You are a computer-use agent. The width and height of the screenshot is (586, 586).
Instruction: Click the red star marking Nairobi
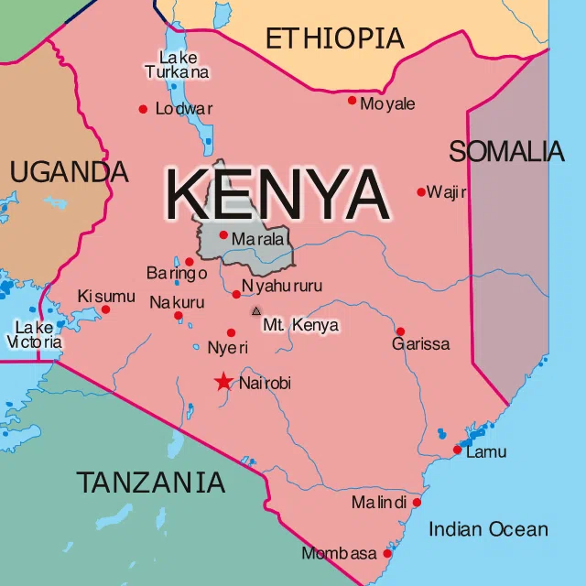[x=223, y=382]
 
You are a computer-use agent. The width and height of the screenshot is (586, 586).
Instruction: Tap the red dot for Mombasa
[x=387, y=554]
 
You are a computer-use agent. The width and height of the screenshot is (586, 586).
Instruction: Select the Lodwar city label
[x=184, y=109]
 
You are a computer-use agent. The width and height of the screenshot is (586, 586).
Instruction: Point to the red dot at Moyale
[x=352, y=100]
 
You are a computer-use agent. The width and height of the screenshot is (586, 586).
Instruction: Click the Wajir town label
[x=447, y=192]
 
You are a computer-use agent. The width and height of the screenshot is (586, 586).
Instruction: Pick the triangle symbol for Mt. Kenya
[x=256, y=311]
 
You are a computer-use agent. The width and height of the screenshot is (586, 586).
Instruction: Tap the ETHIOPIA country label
[x=334, y=38]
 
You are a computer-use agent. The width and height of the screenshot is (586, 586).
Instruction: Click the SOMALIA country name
[x=506, y=151]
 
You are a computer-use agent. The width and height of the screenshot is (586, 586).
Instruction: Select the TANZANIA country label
[x=150, y=483]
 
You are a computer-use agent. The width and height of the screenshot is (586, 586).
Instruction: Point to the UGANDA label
[x=69, y=171]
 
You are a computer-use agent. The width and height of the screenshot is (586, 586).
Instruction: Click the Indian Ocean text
[x=488, y=529]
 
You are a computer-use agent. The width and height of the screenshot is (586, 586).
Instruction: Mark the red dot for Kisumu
[x=105, y=309]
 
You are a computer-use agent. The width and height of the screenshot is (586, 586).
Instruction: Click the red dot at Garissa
[x=400, y=331]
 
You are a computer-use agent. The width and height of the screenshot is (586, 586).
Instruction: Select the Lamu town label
[x=486, y=452]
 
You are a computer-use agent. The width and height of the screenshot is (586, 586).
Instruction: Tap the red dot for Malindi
[x=417, y=503]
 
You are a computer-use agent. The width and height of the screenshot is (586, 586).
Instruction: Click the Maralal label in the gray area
[x=260, y=240]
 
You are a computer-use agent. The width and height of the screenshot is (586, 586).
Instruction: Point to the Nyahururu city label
[x=282, y=286]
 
